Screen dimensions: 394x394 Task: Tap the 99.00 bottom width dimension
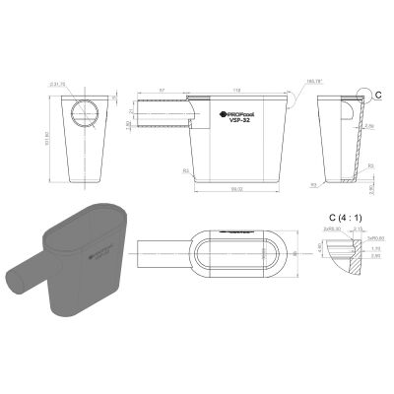(237, 190)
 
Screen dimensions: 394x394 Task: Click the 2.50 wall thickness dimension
(368, 126)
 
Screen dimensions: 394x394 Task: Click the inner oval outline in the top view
(235, 254)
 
